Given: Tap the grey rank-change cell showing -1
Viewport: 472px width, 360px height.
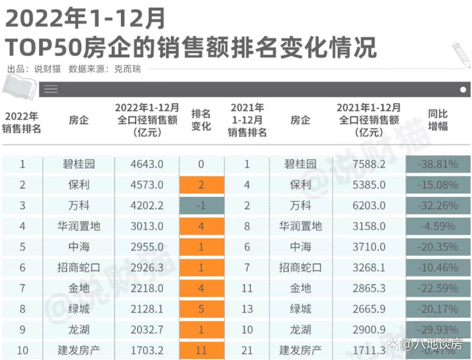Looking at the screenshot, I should (201, 204).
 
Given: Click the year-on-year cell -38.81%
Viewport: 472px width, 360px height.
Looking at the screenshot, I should (437, 164).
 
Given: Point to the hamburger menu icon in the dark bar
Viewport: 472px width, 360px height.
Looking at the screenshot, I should (49, 89).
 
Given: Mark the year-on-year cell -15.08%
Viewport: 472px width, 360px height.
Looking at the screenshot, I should (437, 184).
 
